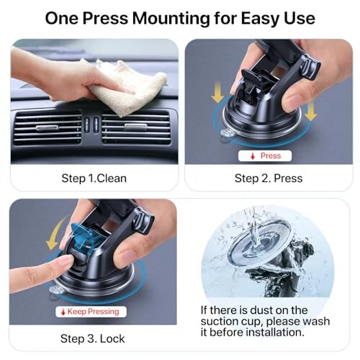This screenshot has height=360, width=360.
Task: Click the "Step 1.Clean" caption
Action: click(x=94, y=178)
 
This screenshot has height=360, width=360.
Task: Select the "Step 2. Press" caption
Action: click(x=267, y=178)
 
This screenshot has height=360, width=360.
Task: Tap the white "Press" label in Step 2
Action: click(x=265, y=156)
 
